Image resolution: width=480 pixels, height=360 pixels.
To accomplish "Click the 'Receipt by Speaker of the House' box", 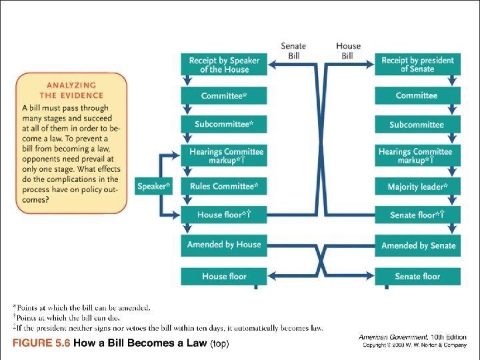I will (x=224, y=65).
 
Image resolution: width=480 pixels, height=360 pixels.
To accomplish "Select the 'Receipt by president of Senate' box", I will (x=417, y=65).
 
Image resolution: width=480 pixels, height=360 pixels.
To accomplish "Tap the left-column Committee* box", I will (x=224, y=95).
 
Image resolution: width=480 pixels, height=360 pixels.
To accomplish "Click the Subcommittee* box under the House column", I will (x=224, y=125).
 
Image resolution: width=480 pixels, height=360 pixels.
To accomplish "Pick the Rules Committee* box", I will (x=224, y=186).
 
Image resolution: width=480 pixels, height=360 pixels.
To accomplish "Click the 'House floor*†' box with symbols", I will (x=224, y=215).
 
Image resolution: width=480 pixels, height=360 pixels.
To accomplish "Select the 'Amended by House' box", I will (x=224, y=245).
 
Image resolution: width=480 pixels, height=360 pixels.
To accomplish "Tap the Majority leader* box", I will (x=417, y=186).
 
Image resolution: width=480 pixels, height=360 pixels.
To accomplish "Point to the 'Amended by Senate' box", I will (x=417, y=245).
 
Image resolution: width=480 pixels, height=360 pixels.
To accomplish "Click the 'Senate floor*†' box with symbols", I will (x=417, y=215).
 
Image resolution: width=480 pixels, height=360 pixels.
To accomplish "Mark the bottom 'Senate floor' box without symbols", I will (x=417, y=276).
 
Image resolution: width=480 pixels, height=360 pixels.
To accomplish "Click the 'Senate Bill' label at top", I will (x=293, y=51).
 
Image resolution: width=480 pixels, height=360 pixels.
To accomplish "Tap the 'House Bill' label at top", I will (x=347, y=51).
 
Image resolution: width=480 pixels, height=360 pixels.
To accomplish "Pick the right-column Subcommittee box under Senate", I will (x=417, y=125).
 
